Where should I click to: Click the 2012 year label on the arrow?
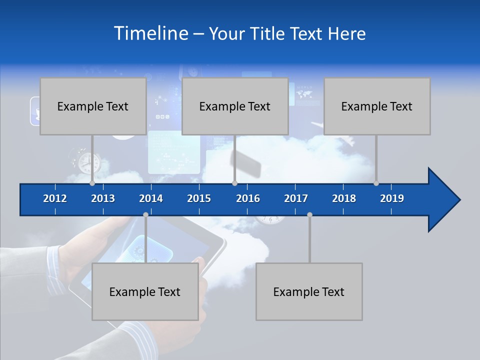tap(55, 198)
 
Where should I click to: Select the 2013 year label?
tap(103, 198)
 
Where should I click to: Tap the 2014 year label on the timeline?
tap(151, 198)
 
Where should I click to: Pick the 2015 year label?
tap(199, 198)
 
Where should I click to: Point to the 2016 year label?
tap(248, 198)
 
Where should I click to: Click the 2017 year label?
tap(296, 198)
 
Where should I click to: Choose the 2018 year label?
tap(344, 198)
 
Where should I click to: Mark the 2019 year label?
tap(392, 198)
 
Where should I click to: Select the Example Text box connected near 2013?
tap(93, 106)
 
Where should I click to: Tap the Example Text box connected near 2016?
tap(235, 106)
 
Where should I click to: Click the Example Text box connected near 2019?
tap(377, 106)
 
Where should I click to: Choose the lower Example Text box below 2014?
tap(145, 291)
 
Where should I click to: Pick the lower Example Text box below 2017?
tap(309, 291)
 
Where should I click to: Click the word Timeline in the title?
tap(151, 33)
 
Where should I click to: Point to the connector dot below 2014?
tap(145, 214)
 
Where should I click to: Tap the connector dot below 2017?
tap(309, 214)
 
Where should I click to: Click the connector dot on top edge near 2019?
tap(376, 183)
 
